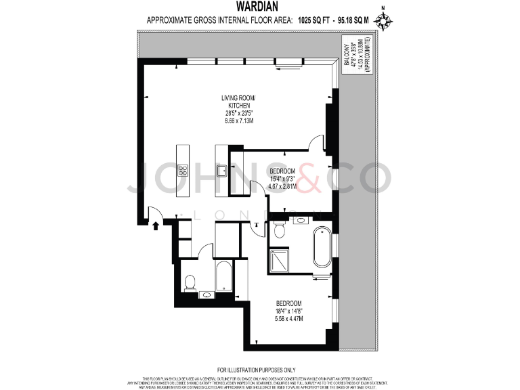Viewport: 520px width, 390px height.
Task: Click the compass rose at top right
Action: [385, 22]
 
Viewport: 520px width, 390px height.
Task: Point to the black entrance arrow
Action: [156, 225]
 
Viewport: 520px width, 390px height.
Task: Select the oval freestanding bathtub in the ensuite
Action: [321, 249]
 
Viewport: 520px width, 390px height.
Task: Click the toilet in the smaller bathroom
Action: [190, 282]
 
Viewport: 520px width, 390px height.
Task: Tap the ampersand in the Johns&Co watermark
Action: [305, 179]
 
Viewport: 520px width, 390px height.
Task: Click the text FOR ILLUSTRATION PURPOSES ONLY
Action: [260, 370]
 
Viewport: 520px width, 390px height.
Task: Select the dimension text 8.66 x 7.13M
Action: [239, 121]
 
